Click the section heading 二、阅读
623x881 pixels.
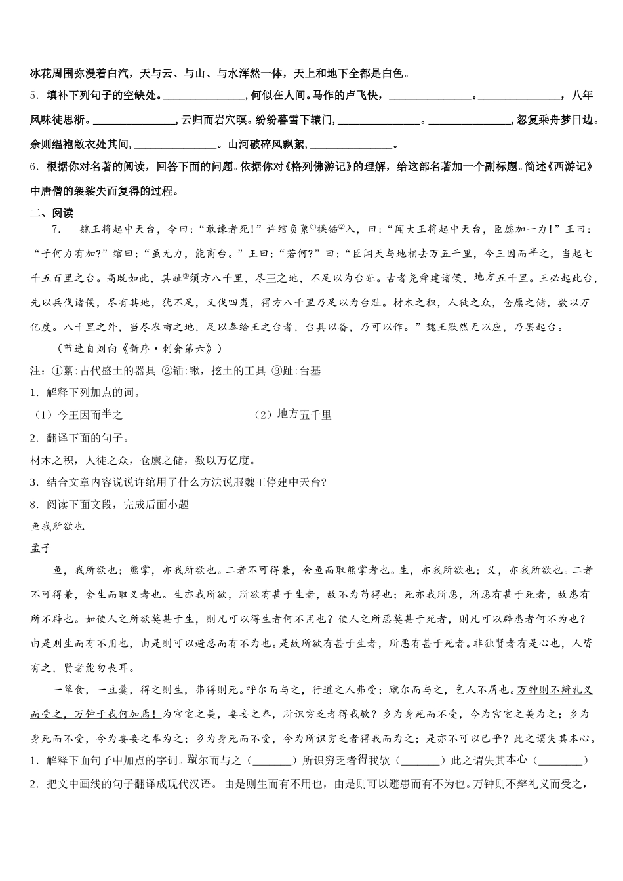click(52, 212)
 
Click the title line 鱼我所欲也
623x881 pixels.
click(58, 526)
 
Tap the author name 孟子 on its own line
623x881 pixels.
click(41, 548)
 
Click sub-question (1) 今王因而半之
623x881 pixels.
click(79, 414)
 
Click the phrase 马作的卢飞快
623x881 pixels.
click(348, 96)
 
